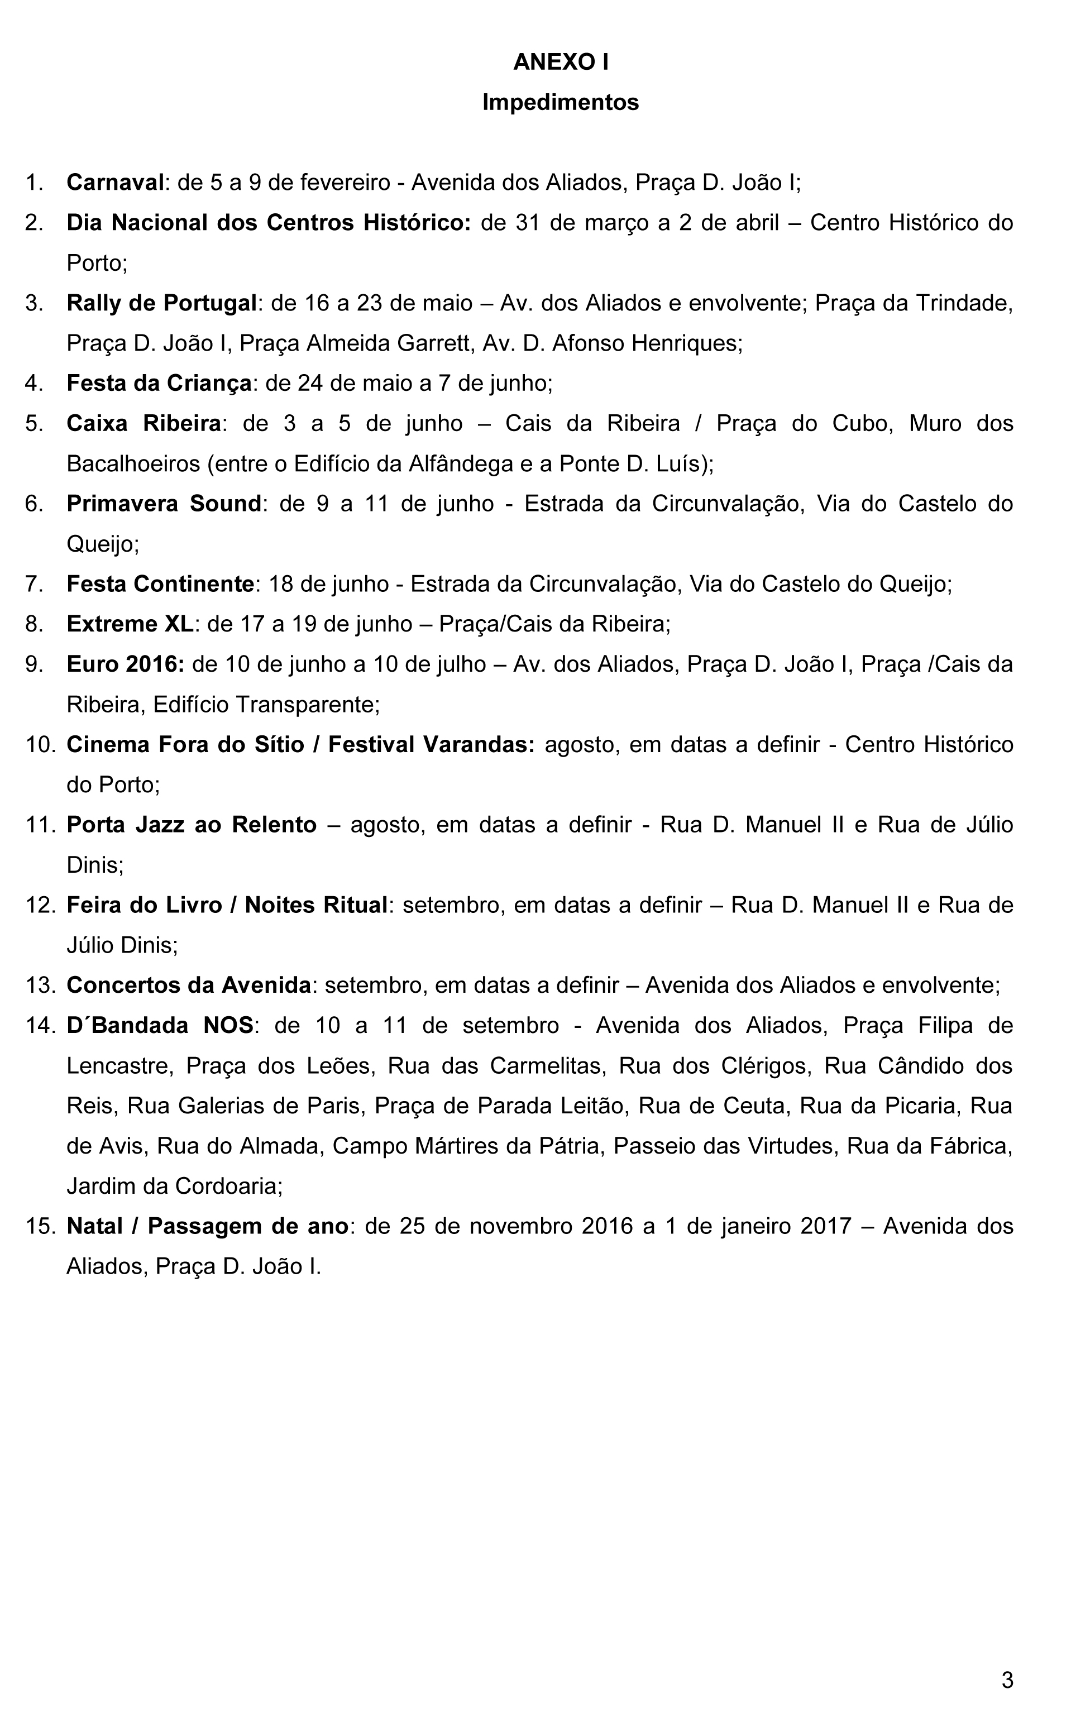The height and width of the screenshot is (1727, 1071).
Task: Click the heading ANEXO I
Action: coord(560,63)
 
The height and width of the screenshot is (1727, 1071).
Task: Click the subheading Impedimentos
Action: coord(560,103)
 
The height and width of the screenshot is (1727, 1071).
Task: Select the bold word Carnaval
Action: coord(116,183)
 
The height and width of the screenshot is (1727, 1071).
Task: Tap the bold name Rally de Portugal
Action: coord(161,303)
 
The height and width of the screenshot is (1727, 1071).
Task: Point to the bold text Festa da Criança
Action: coord(159,383)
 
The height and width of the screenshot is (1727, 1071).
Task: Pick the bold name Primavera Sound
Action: coord(164,504)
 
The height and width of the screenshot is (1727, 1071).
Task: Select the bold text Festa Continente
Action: coord(160,584)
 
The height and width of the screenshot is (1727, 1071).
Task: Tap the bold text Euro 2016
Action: coord(126,664)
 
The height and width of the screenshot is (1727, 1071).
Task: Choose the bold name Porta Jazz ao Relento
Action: coord(191,825)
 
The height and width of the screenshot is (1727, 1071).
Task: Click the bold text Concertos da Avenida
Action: coord(188,985)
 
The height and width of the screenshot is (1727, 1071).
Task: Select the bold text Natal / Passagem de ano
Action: coord(207,1226)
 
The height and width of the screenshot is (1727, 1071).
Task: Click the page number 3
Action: coord(1007,1680)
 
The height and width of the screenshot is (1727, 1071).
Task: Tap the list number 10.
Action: coord(40,745)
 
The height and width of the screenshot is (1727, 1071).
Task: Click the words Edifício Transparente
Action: coord(266,705)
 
